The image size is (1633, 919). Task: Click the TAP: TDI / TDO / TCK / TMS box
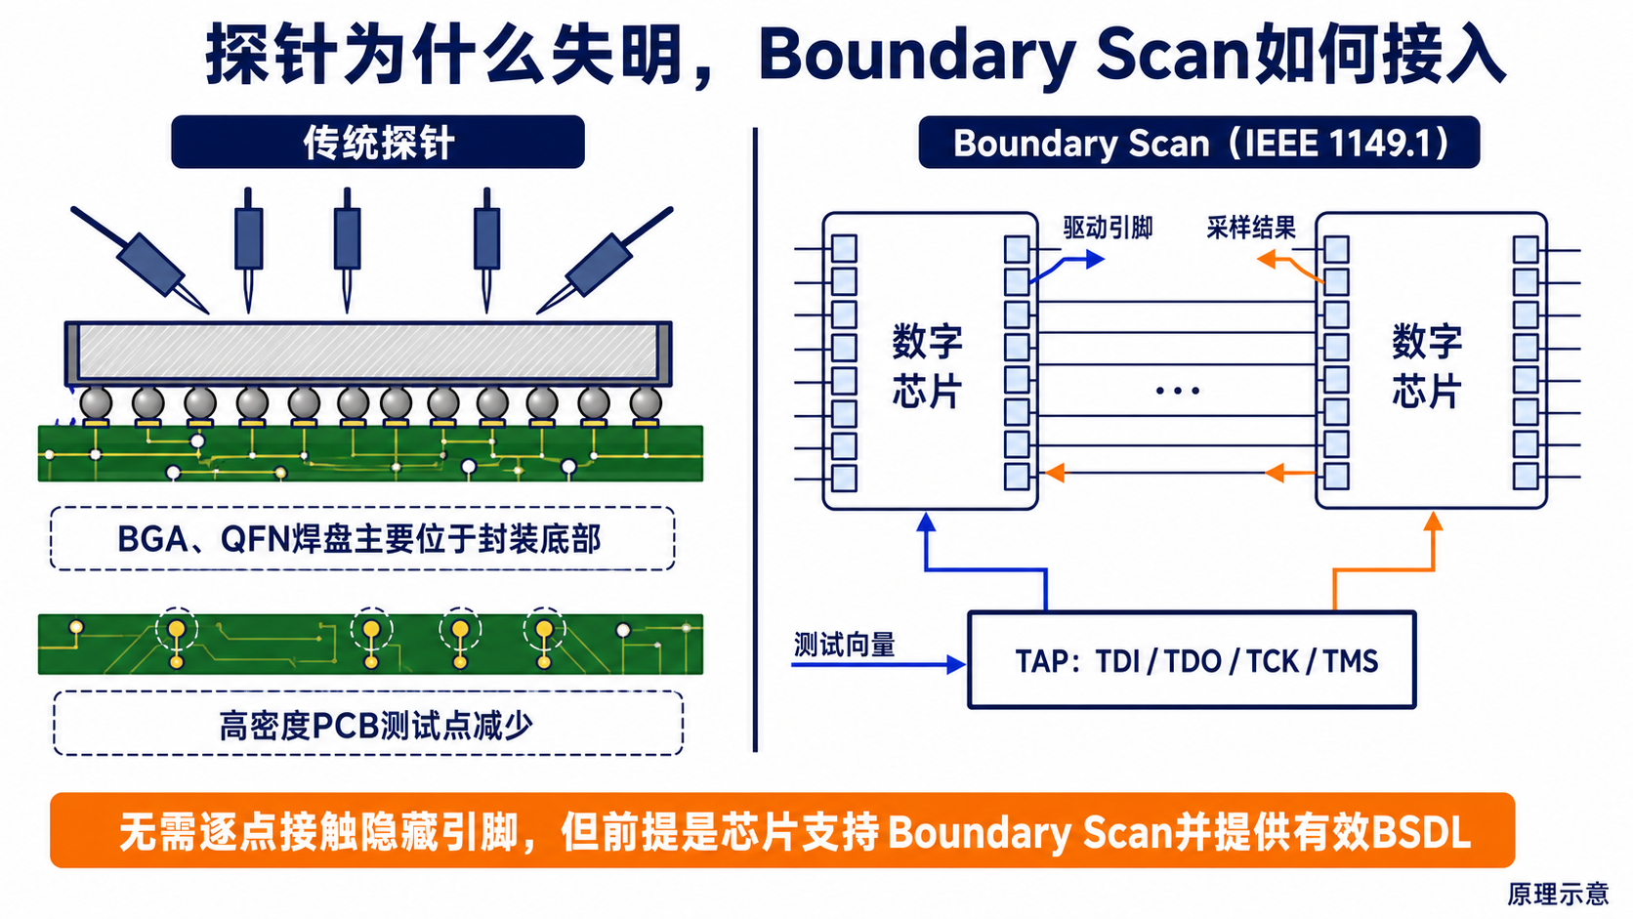(x=1192, y=659)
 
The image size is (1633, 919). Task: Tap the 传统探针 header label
(x=378, y=143)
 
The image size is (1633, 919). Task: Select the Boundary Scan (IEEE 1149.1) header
(x=1199, y=143)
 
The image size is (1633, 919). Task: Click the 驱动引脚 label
(x=1108, y=229)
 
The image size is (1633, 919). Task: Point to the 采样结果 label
(x=1251, y=229)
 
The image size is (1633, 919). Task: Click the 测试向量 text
(x=844, y=645)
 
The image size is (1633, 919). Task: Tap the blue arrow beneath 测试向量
(x=878, y=664)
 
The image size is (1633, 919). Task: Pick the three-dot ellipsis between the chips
(x=1177, y=391)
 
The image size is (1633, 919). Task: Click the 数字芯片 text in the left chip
(x=927, y=366)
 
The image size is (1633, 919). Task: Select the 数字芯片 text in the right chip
(x=1427, y=366)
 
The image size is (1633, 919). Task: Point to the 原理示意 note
(x=1558, y=894)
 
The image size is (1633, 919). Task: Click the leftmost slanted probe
(x=140, y=260)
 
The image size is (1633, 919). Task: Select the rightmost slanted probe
(x=605, y=260)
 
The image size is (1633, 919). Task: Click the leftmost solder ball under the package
(x=97, y=403)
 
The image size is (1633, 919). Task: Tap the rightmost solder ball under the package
(x=646, y=403)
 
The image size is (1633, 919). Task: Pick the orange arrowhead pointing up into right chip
(x=1433, y=521)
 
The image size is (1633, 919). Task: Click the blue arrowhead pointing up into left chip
(x=926, y=522)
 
